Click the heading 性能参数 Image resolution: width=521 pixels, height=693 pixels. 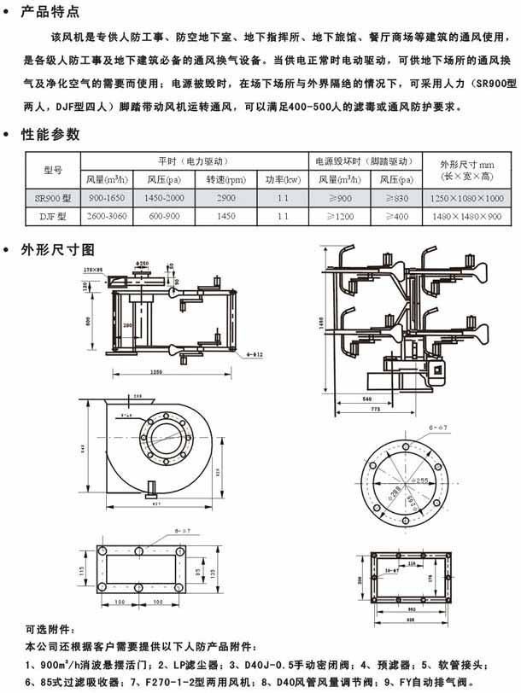tap(51, 134)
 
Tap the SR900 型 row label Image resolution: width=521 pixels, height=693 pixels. tap(53, 197)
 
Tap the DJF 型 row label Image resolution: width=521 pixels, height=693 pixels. tap(53, 216)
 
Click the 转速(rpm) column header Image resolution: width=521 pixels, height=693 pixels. tap(225, 180)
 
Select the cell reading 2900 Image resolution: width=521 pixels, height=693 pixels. tap(225, 197)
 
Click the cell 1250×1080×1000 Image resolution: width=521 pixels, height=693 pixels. tap(467, 197)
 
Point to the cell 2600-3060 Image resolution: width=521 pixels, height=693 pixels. tap(107, 216)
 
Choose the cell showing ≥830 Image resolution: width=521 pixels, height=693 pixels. tap(392, 197)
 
